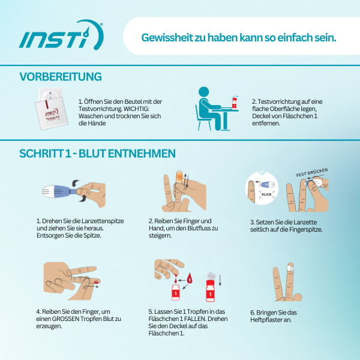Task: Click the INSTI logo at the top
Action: click(x=61, y=35)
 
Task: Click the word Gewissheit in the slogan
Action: click(x=167, y=37)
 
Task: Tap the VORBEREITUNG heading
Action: click(x=61, y=77)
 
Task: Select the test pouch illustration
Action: click(x=51, y=109)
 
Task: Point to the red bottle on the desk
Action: click(x=234, y=103)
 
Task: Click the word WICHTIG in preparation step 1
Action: click(x=136, y=109)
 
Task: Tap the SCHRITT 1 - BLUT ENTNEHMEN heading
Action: click(x=98, y=154)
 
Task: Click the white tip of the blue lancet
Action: click(x=48, y=191)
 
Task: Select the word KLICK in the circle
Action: click(x=266, y=194)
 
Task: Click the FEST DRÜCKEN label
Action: click(x=312, y=173)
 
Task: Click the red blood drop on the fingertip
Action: click(x=97, y=281)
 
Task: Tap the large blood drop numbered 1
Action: click(x=190, y=278)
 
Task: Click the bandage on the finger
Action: click(x=290, y=268)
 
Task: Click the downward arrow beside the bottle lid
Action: click(x=220, y=280)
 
